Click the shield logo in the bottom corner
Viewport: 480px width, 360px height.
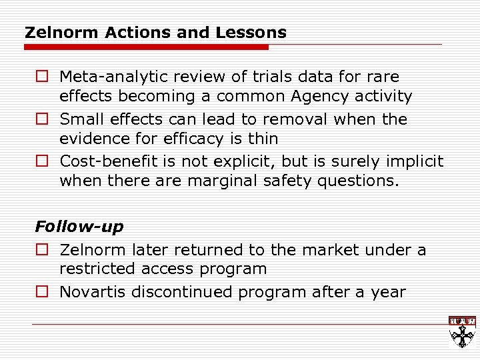tap(461, 331)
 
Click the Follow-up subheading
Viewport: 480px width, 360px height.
tap(79, 227)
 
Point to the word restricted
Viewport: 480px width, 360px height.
tap(93, 269)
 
